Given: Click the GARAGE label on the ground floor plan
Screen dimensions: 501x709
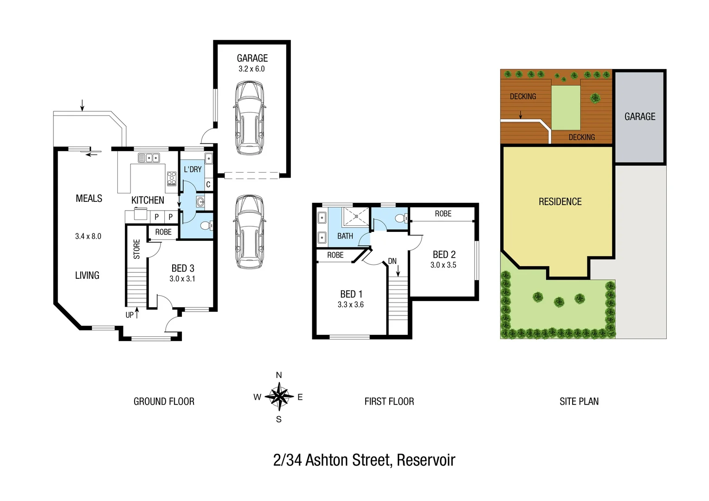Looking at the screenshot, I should click(252, 58).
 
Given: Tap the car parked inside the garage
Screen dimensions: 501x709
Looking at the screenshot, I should click(250, 118).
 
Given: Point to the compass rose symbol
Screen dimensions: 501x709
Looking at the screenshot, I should click(279, 397).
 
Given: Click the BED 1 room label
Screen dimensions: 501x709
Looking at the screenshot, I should click(351, 294).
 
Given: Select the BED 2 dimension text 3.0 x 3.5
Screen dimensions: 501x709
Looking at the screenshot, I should click(443, 265).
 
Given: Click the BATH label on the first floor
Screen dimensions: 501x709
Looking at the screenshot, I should click(345, 236).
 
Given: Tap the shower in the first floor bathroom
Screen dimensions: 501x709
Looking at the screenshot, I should click(356, 216).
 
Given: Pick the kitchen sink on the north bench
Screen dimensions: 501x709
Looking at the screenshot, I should click(149, 158).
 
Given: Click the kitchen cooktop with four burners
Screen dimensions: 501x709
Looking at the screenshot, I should click(172, 176).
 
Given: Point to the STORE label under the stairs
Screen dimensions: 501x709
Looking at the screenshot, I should click(137, 249).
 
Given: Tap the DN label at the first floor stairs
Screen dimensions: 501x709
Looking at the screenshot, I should click(393, 261).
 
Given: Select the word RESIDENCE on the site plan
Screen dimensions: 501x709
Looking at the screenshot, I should click(560, 202).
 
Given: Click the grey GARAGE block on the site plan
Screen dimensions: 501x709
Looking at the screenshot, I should click(639, 116).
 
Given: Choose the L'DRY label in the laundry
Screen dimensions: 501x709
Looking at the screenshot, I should click(193, 169).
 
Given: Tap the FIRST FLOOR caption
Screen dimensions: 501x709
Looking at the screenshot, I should click(389, 402).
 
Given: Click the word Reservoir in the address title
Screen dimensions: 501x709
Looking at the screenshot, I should click(426, 460).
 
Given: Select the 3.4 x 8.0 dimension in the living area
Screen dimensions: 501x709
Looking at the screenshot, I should click(88, 236).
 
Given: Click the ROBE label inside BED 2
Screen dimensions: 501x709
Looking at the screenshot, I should click(443, 214).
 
